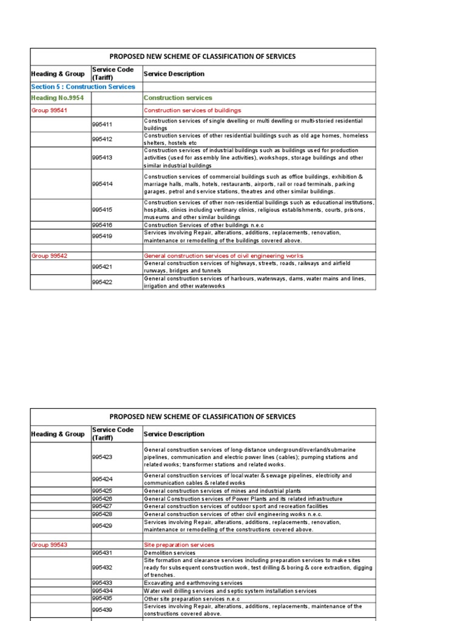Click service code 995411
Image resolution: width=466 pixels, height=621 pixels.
click(103, 125)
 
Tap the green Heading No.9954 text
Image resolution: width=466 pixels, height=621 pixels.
click(57, 98)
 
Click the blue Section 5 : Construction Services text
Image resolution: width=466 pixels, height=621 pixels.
click(83, 87)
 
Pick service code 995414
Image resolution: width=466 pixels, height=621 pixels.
click(103, 184)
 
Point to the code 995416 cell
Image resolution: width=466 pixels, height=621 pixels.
click(103, 224)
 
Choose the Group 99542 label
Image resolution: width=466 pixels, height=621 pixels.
click(49, 256)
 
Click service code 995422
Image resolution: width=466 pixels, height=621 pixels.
click(103, 282)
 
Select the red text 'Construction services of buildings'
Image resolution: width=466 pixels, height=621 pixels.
click(192, 110)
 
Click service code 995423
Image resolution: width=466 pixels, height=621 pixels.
click(103, 457)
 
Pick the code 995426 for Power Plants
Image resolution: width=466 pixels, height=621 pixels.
click(103, 498)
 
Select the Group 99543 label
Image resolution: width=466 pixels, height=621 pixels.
click(49, 545)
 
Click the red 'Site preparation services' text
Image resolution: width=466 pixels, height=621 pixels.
click(179, 545)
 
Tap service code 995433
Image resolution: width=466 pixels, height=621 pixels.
click(103, 583)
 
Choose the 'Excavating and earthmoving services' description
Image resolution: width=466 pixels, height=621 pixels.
click(193, 583)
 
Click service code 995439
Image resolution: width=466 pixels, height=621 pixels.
click(103, 609)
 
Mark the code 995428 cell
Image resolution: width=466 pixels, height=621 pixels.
click(103, 514)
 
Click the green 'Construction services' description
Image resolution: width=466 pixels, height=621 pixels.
click(178, 98)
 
